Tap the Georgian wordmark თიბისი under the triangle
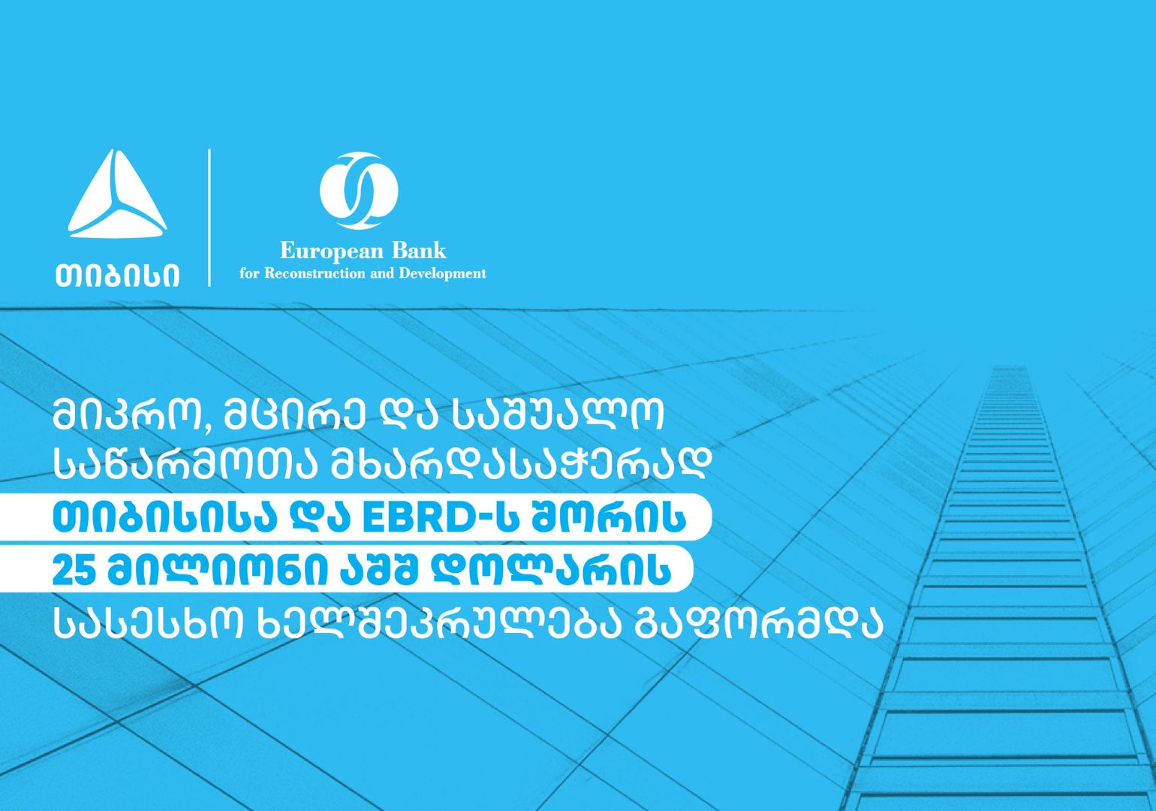(x=117, y=275)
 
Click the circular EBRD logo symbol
(x=359, y=191)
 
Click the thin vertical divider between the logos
(x=209, y=218)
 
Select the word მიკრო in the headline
(x=125, y=415)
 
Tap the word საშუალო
(x=557, y=415)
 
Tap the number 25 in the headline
(x=74, y=571)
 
